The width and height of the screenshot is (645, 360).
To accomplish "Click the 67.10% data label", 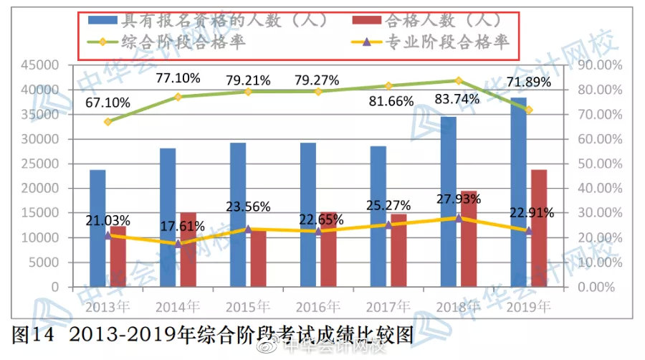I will click(x=107, y=103).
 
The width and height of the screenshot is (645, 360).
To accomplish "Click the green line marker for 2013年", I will click(x=107, y=122).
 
